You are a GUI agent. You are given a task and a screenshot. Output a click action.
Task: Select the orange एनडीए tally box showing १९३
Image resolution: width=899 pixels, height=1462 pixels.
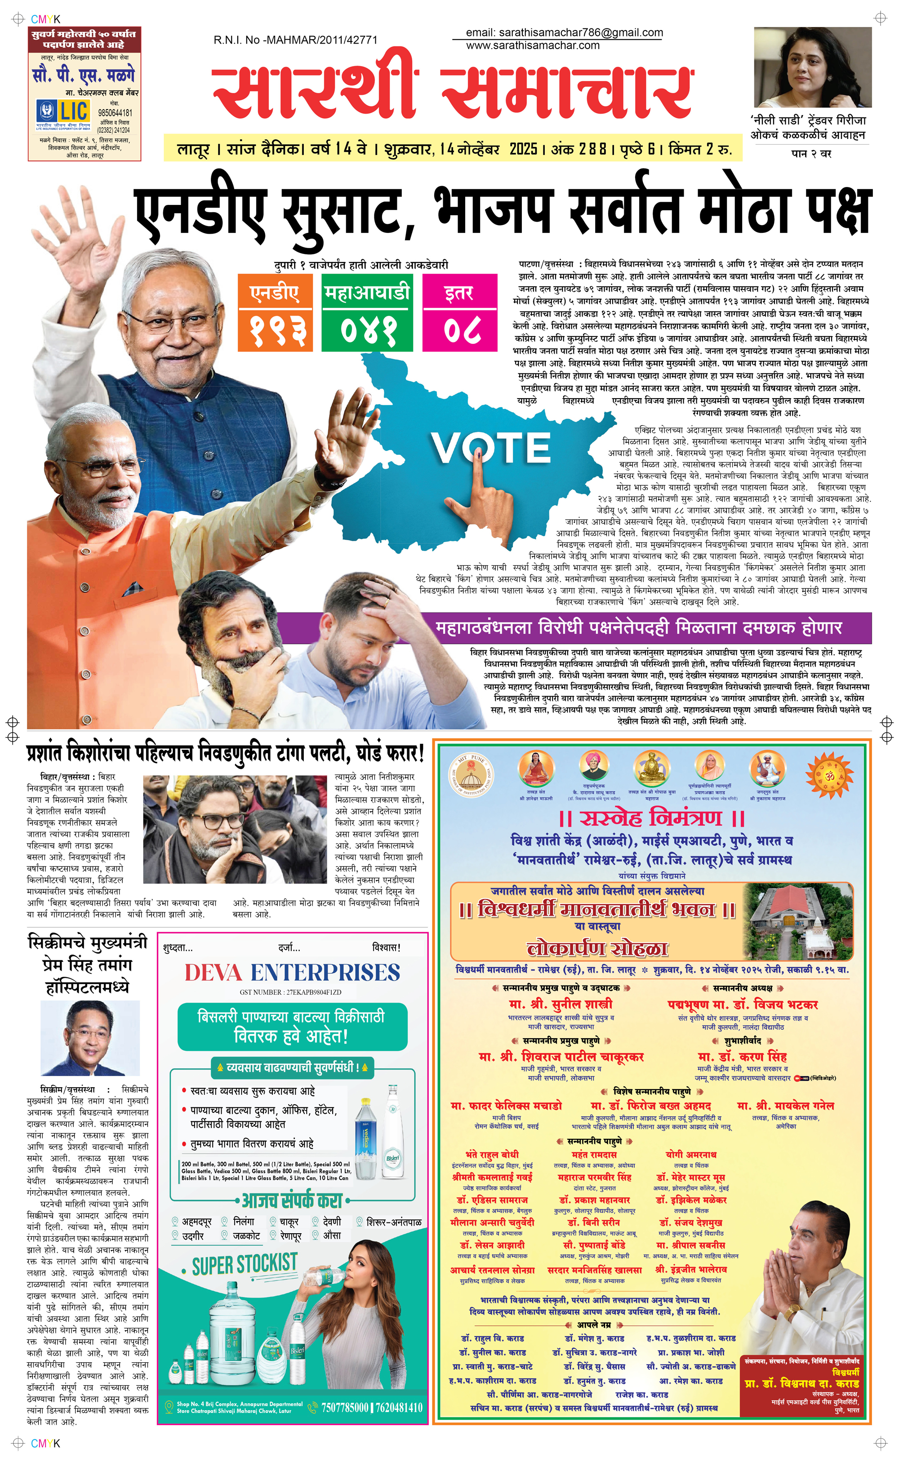[x=275, y=312]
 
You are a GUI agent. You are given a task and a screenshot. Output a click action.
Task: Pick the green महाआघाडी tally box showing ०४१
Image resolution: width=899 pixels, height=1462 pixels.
[x=367, y=312]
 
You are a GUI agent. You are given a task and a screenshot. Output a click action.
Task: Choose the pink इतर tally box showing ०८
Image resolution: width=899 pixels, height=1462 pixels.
[x=459, y=312]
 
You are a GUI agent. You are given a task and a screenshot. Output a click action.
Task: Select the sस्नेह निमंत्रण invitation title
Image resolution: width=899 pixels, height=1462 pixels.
[x=652, y=818]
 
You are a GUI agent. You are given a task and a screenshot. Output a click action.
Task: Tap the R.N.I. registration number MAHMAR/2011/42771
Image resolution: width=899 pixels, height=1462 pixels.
[x=295, y=40]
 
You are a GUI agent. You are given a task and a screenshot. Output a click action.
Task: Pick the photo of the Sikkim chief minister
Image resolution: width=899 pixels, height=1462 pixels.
[x=90, y=1038]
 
